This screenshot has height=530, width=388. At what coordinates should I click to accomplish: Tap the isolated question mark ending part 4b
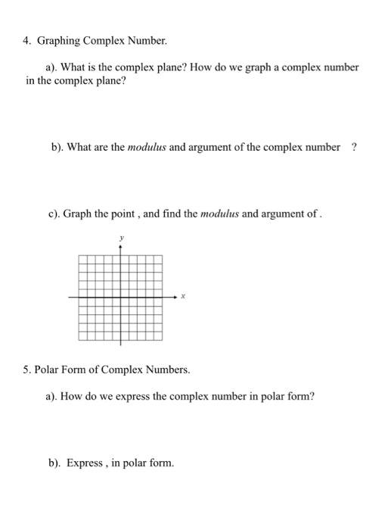(353, 147)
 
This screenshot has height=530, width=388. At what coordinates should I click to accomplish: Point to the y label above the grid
(120, 238)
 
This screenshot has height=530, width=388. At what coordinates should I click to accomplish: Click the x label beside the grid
(183, 298)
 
